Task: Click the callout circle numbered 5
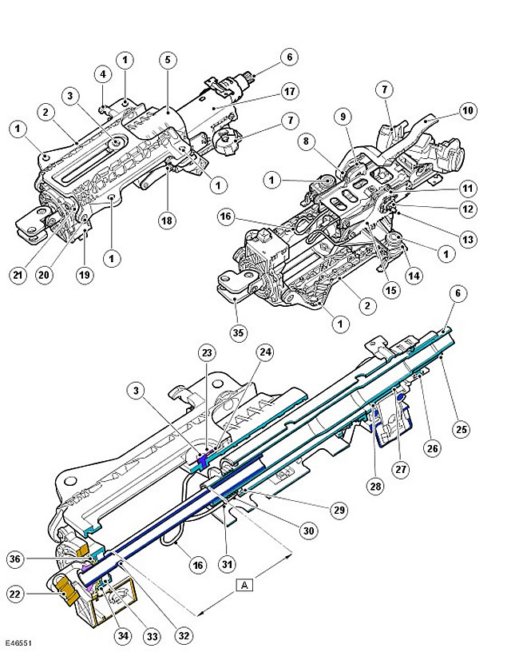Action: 168,60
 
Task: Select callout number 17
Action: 290,91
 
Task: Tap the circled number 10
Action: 468,110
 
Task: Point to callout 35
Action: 238,332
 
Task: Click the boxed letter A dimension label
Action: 244,585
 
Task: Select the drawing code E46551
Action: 18,643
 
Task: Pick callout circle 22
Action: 15,594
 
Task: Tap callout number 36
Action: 15,559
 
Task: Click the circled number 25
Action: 462,429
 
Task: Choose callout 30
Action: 309,531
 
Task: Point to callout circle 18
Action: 167,221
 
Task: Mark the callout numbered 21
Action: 18,275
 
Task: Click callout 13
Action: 468,240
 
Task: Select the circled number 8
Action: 307,141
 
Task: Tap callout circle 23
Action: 207,353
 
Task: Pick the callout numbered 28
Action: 375,486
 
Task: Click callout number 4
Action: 103,74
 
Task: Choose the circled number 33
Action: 153,636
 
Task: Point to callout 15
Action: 391,290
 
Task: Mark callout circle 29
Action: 339,510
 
